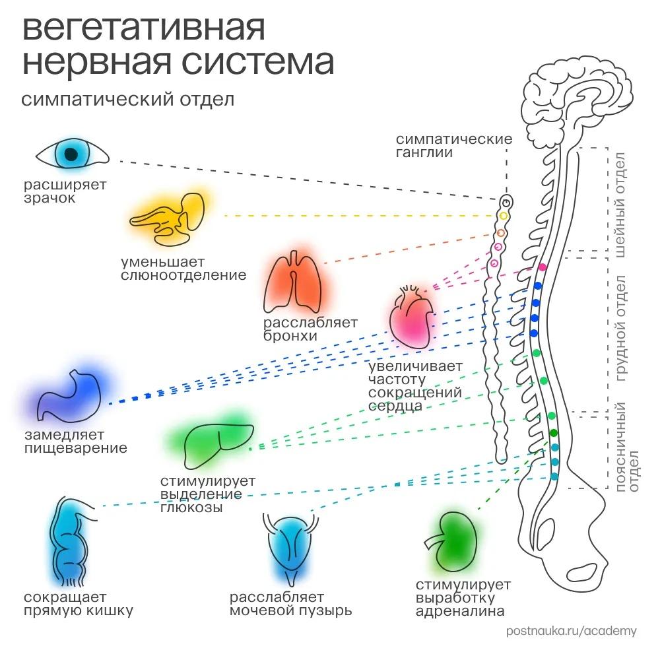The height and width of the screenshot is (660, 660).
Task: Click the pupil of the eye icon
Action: [71, 154]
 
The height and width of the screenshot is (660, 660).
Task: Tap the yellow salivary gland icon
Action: [168, 218]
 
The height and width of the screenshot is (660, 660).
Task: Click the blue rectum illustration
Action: [69, 541]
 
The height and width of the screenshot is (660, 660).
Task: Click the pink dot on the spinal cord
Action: [543, 267]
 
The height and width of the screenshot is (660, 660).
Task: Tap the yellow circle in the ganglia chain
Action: [504, 216]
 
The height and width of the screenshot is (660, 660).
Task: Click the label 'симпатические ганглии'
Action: [454, 146]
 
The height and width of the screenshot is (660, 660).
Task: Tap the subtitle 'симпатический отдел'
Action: [127, 100]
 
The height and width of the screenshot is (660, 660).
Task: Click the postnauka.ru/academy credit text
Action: [571, 631]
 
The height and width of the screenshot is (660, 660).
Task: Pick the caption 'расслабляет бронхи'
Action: [310, 329]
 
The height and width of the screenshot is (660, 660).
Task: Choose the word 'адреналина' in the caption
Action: [459, 610]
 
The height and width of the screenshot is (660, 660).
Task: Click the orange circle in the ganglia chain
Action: [500, 233]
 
